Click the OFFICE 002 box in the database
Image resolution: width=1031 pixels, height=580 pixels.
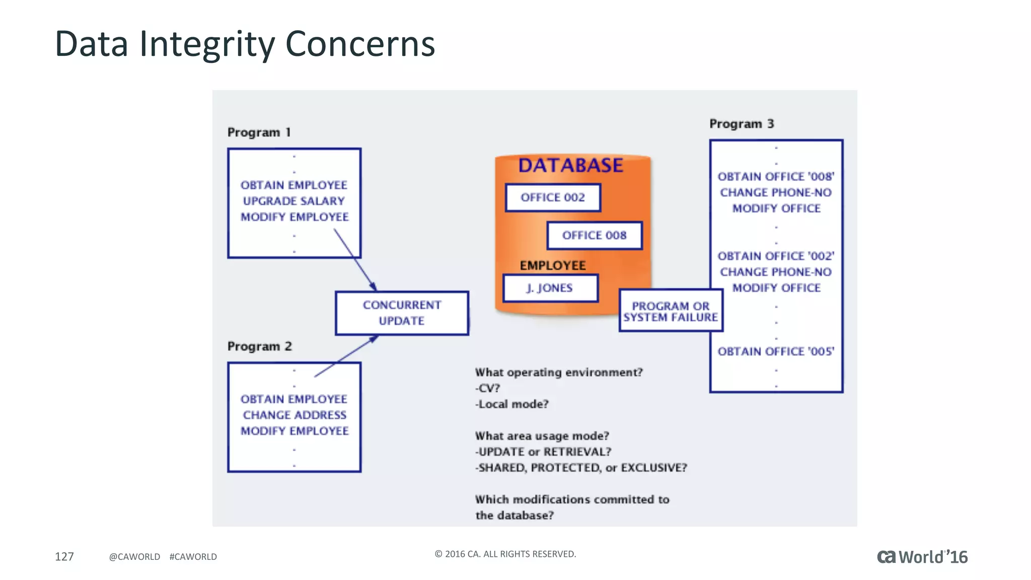pos(553,197)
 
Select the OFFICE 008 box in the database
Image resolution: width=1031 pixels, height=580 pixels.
pos(594,236)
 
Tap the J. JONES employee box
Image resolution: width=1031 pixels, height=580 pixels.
pos(550,288)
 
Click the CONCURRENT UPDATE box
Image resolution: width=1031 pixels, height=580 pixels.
pos(402,313)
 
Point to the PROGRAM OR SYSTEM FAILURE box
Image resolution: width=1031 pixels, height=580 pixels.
pos(671,311)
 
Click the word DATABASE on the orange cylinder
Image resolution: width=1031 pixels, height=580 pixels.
pos(570,166)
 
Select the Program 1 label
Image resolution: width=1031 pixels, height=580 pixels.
pos(259,132)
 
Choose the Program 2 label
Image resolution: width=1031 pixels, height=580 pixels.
pos(259,346)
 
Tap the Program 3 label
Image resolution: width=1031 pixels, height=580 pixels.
pos(741,124)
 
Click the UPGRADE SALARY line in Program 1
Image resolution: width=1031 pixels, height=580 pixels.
pos(294,201)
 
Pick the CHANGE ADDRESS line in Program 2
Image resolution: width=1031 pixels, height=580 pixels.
pos(294,415)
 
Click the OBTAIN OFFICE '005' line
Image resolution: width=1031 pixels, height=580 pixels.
pos(776,351)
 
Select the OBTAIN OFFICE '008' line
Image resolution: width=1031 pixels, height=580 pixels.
pos(776,177)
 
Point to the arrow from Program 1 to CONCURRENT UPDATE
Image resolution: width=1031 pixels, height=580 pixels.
pos(355,260)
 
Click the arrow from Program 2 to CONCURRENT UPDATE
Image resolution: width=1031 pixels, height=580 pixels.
pos(346,356)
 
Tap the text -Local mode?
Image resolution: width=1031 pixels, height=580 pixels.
pos(512,404)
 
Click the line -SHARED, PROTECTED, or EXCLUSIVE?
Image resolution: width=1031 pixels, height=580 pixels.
pos(581,468)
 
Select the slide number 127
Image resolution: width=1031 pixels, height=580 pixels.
pos(64,556)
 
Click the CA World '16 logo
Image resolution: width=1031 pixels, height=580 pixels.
pos(922,557)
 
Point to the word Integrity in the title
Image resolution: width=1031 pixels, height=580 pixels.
pos(207,44)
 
